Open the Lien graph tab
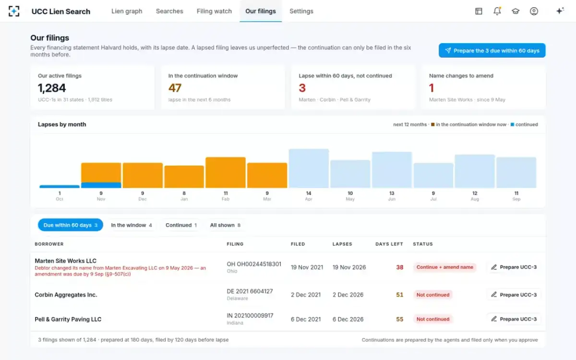pos(127,11)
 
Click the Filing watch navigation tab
pos(214,11)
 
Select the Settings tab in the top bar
pos(301,11)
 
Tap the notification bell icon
pos(497,11)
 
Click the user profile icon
pos(534,11)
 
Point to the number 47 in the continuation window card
pos(175,88)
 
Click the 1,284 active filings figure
pos(52,88)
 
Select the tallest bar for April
pos(309,168)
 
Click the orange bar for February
pos(226,172)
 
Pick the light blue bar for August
pos(475,171)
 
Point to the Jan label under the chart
pos(184,199)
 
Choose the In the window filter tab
pos(132,225)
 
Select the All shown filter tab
pos(225,225)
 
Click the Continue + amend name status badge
pos(445,267)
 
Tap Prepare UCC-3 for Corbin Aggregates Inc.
pos(514,295)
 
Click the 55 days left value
pos(399,319)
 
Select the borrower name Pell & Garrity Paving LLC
pos(68,319)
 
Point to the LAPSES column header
pos(342,244)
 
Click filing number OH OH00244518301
pos(254,264)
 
